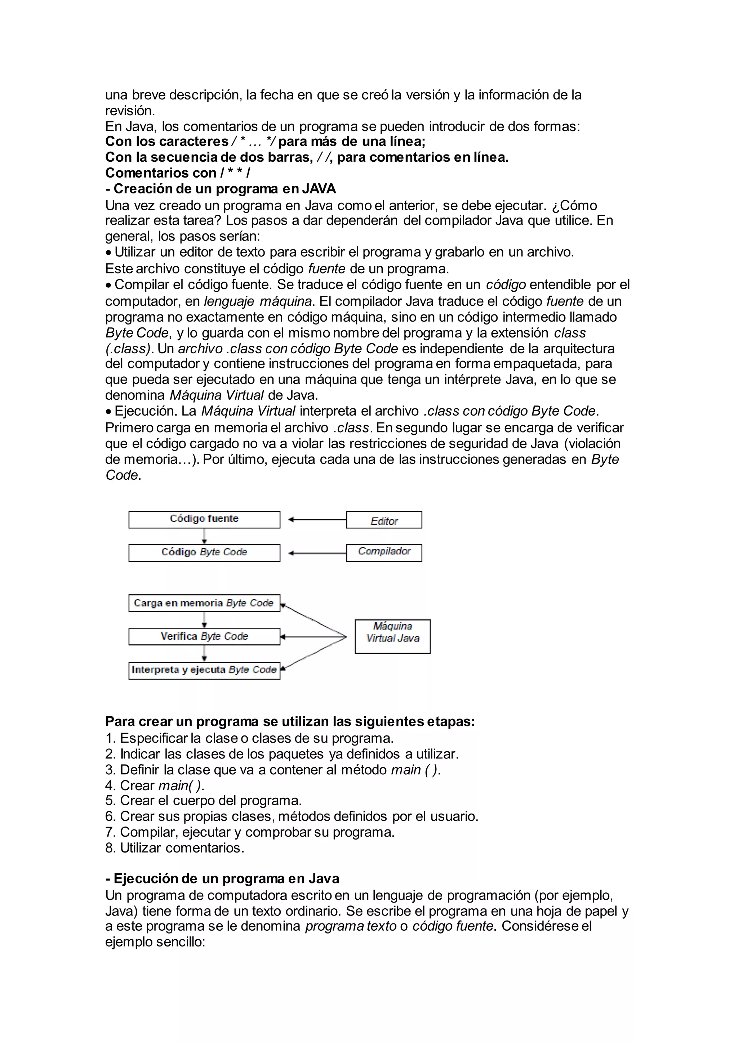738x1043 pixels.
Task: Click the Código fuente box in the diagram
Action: tap(204, 519)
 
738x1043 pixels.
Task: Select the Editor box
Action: tap(384, 520)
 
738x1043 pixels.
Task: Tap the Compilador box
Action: tap(384, 552)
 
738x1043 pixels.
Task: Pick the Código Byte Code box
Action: tap(204, 552)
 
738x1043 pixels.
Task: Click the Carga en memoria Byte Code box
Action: tap(204, 603)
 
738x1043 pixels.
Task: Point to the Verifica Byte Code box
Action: tap(204, 636)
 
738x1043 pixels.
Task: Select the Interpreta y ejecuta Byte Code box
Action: tap(204, 670)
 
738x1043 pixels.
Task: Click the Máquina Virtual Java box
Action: tap(392, 636)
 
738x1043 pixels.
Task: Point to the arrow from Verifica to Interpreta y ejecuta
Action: tap(204, 653)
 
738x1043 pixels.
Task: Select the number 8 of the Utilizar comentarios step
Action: tap(109, 848)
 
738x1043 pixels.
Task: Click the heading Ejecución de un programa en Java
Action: tap(222, 878)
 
